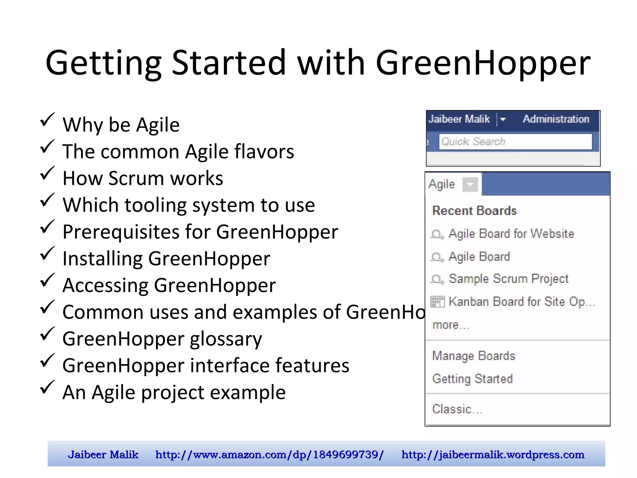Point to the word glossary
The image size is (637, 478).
tap(226, 339)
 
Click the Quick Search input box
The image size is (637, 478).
tap(515, 142)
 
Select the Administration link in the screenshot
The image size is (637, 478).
tap(556, 119)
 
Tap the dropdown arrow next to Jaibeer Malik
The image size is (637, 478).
tap(503, 119)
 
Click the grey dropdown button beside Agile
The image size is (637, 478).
tap(470, 185)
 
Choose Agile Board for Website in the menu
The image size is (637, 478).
tap(511, 234)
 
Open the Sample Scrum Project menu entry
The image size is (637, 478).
tap(508, 279)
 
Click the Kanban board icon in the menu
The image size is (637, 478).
tap(437, 302)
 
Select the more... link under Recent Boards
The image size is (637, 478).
tap(450, 325)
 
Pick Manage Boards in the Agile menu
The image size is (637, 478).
tap(473, 356)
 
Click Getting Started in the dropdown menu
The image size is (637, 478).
tap(472, 379)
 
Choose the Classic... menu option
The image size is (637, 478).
tap(457, 409)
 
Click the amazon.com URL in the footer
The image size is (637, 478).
tap(269, 455)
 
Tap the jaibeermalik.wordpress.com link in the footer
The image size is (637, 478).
tap(493, 455)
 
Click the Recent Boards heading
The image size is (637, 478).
tap(474, 211)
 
